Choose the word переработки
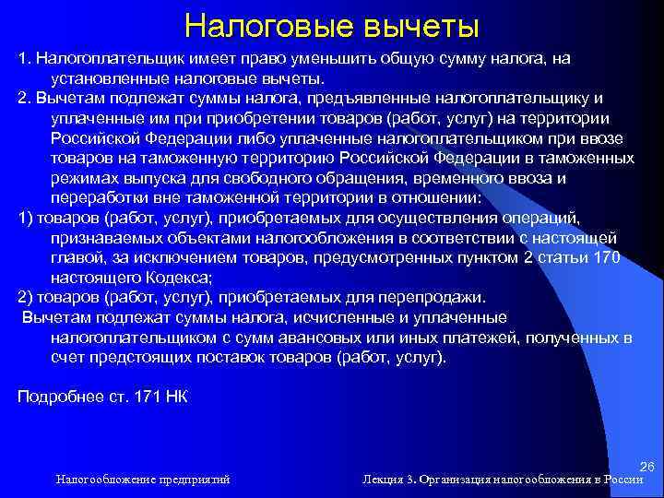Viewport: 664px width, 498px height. tap(97, 198)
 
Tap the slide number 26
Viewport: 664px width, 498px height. tap(646, 468)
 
